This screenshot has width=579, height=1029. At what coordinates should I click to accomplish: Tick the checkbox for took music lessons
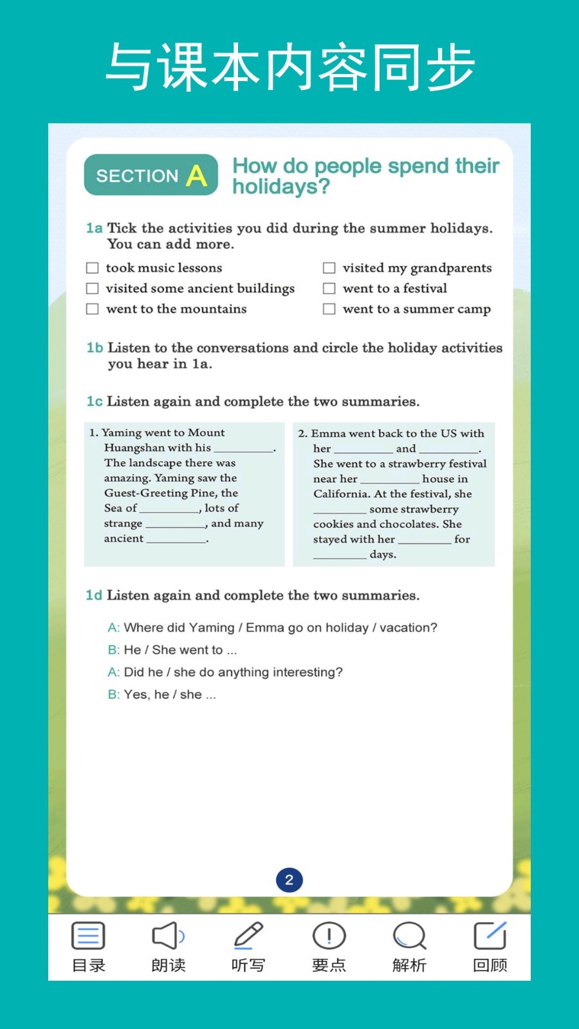(93, 268)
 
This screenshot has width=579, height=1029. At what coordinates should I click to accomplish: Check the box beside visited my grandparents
(329, 268)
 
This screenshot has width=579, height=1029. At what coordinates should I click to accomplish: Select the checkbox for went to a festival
(329, 288)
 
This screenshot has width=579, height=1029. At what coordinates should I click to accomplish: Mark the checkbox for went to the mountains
(93, 309)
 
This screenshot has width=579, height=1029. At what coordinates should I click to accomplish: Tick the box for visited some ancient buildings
(93, 288)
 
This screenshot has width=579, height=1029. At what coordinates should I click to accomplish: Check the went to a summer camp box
(329, 309)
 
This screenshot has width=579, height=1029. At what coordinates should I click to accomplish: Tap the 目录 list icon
(88, 936)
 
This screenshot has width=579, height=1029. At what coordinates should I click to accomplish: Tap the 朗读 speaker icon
(168, 936)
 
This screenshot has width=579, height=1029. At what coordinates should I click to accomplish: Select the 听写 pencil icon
(248, 936)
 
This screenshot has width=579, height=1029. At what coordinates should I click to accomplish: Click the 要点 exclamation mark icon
(329, 936)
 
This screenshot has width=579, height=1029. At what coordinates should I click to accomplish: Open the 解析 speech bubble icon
(409, 936)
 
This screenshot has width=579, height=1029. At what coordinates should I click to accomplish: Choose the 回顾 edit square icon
(490, 936)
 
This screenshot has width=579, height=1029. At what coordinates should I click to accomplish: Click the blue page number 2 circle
(289, 880)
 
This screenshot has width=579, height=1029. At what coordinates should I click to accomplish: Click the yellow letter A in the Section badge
(197, 176)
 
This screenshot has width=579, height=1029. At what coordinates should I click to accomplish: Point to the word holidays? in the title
(281, 187)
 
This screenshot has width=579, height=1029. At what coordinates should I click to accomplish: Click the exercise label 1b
(95, 348)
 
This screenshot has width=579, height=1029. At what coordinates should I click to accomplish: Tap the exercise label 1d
(94, 596)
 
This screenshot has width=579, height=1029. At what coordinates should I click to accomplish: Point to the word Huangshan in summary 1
(134, 448)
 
